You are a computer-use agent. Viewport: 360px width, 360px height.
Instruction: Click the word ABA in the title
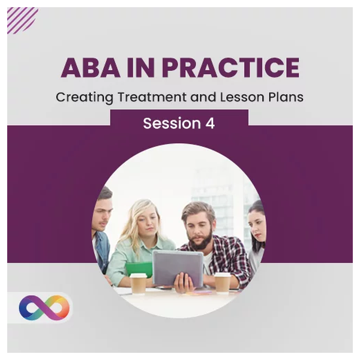pyautogui.click(x=91, y=68)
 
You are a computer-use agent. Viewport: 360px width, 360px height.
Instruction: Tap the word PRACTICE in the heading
pyautogui.click(x=231, y=68)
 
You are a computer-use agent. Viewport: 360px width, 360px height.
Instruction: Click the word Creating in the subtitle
pyautogui.click(x=85, y=98)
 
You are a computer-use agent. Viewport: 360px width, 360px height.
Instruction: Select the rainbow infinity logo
pyautogui.click(x=44, y=308)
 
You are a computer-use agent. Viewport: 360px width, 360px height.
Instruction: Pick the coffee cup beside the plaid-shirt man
pyautogui.click(x=223, y=283)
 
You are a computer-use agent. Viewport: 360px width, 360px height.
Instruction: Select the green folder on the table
pyautogui.click(x=139, y=269)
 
